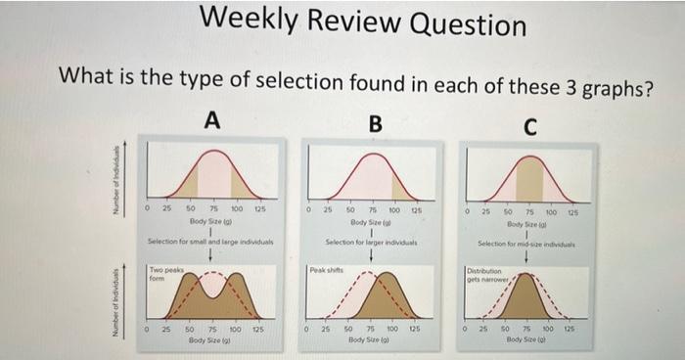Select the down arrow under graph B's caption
coord(373,255)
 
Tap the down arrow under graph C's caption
coord(528,257)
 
